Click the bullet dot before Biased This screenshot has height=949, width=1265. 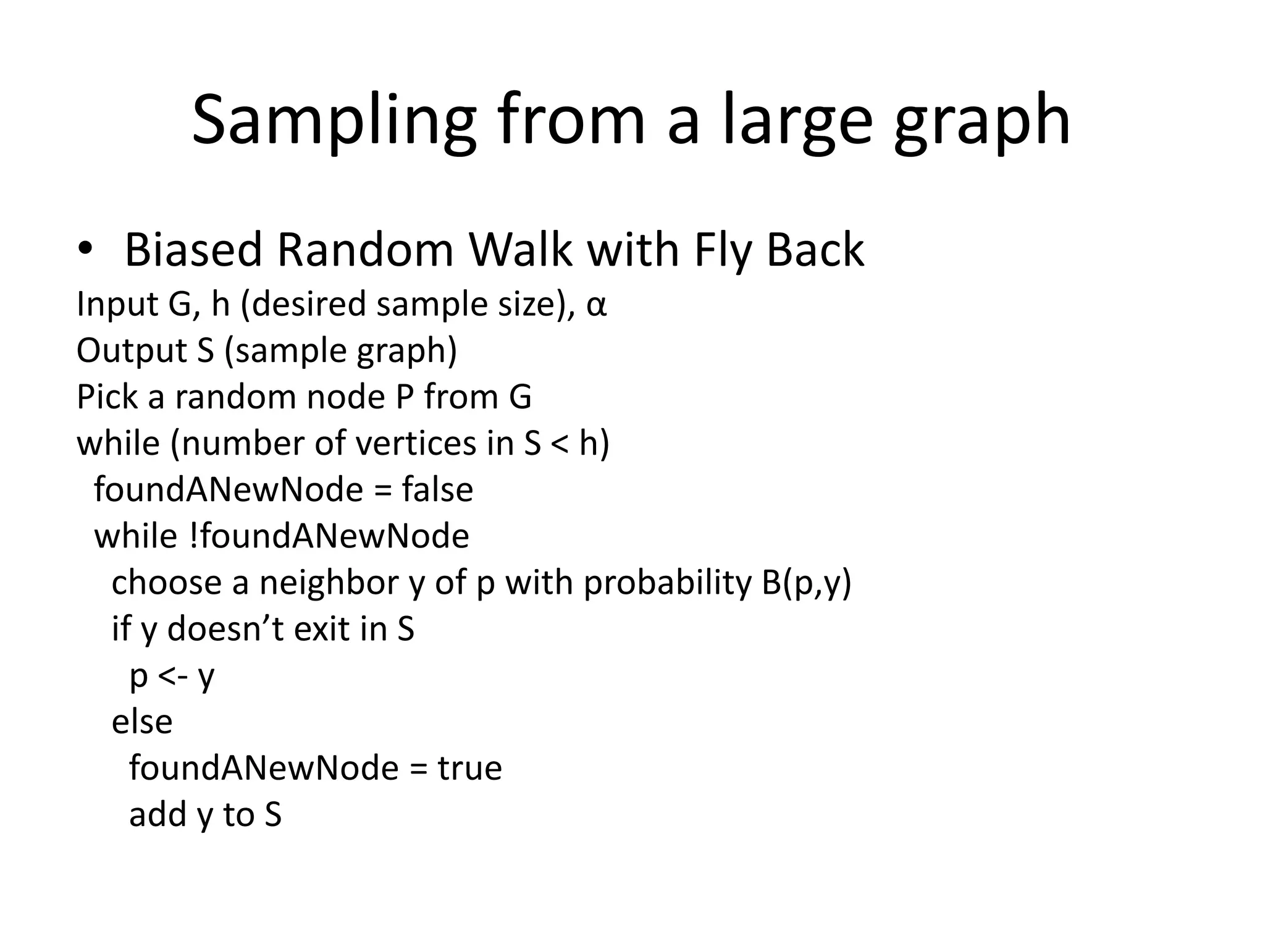pos(85,249)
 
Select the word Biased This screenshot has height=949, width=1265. pos(193,250)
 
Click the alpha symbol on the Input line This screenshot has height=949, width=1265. pos(596,305)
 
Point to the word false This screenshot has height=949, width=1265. pos(437,490)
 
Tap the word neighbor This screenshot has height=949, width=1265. pos(329,583)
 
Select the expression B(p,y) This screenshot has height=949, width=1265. pos(806,583)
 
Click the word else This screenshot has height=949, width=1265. pos(142,722)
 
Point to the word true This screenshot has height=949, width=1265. pos(469,769)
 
